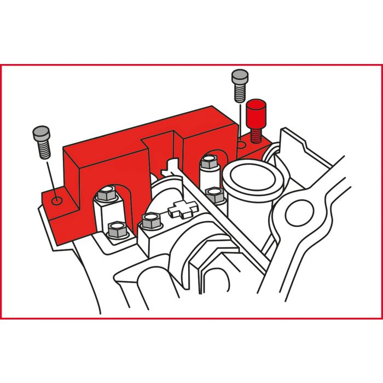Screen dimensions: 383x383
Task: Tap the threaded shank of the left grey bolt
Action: click(43, 149)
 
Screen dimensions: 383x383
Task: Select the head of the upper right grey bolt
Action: click(239, 77)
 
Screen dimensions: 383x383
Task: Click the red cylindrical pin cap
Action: click(255, 113)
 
